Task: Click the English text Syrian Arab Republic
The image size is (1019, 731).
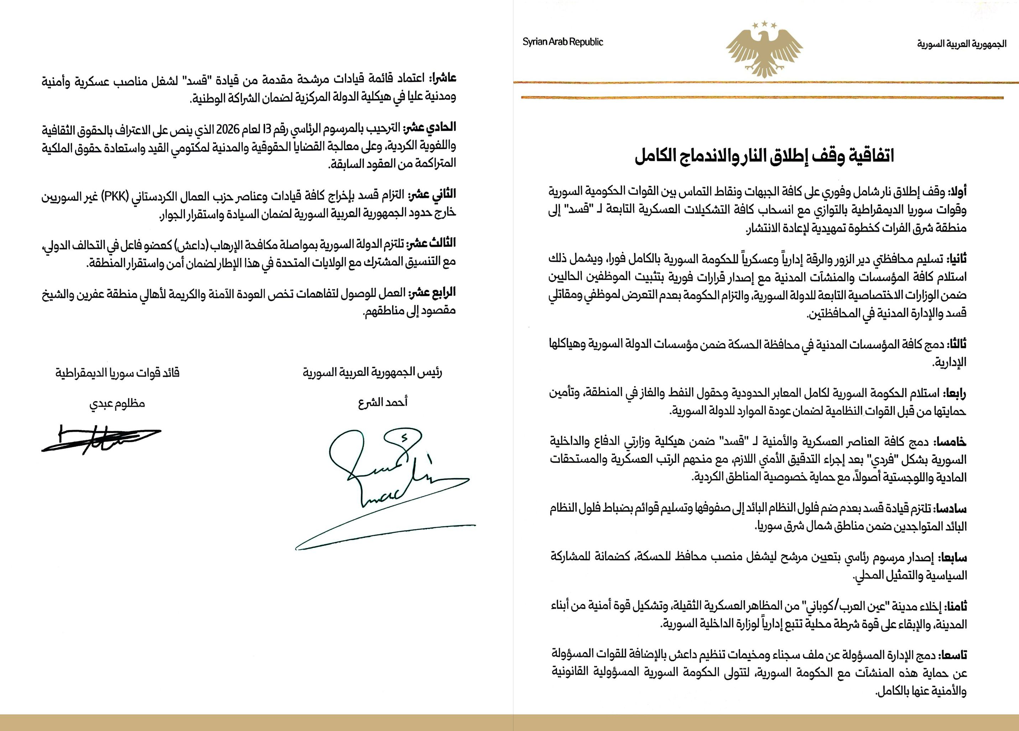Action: point(562,42)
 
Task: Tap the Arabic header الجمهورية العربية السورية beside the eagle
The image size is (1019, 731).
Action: point(962,44)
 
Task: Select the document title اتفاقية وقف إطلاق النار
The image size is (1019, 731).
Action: point(764,156)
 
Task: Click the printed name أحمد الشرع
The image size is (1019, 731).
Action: point(383,401)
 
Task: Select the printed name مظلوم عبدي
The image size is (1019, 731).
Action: point(117,403)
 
